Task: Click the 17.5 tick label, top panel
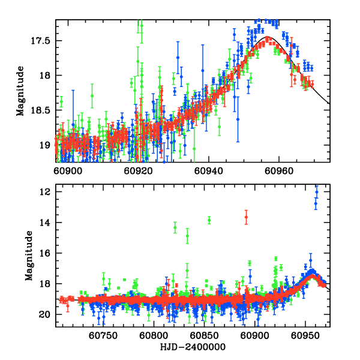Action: (x=41, y=41)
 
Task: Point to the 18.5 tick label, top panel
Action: (x=41, y=110)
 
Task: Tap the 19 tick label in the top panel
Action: (x=45, y=145)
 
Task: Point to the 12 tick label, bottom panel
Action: (x=45, y=192)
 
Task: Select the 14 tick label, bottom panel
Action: (x=45, y=223)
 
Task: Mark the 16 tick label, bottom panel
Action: (x=45, y=253)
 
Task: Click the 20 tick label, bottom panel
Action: (x=45, y=314)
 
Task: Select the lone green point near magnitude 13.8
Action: (x=209, y=220)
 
